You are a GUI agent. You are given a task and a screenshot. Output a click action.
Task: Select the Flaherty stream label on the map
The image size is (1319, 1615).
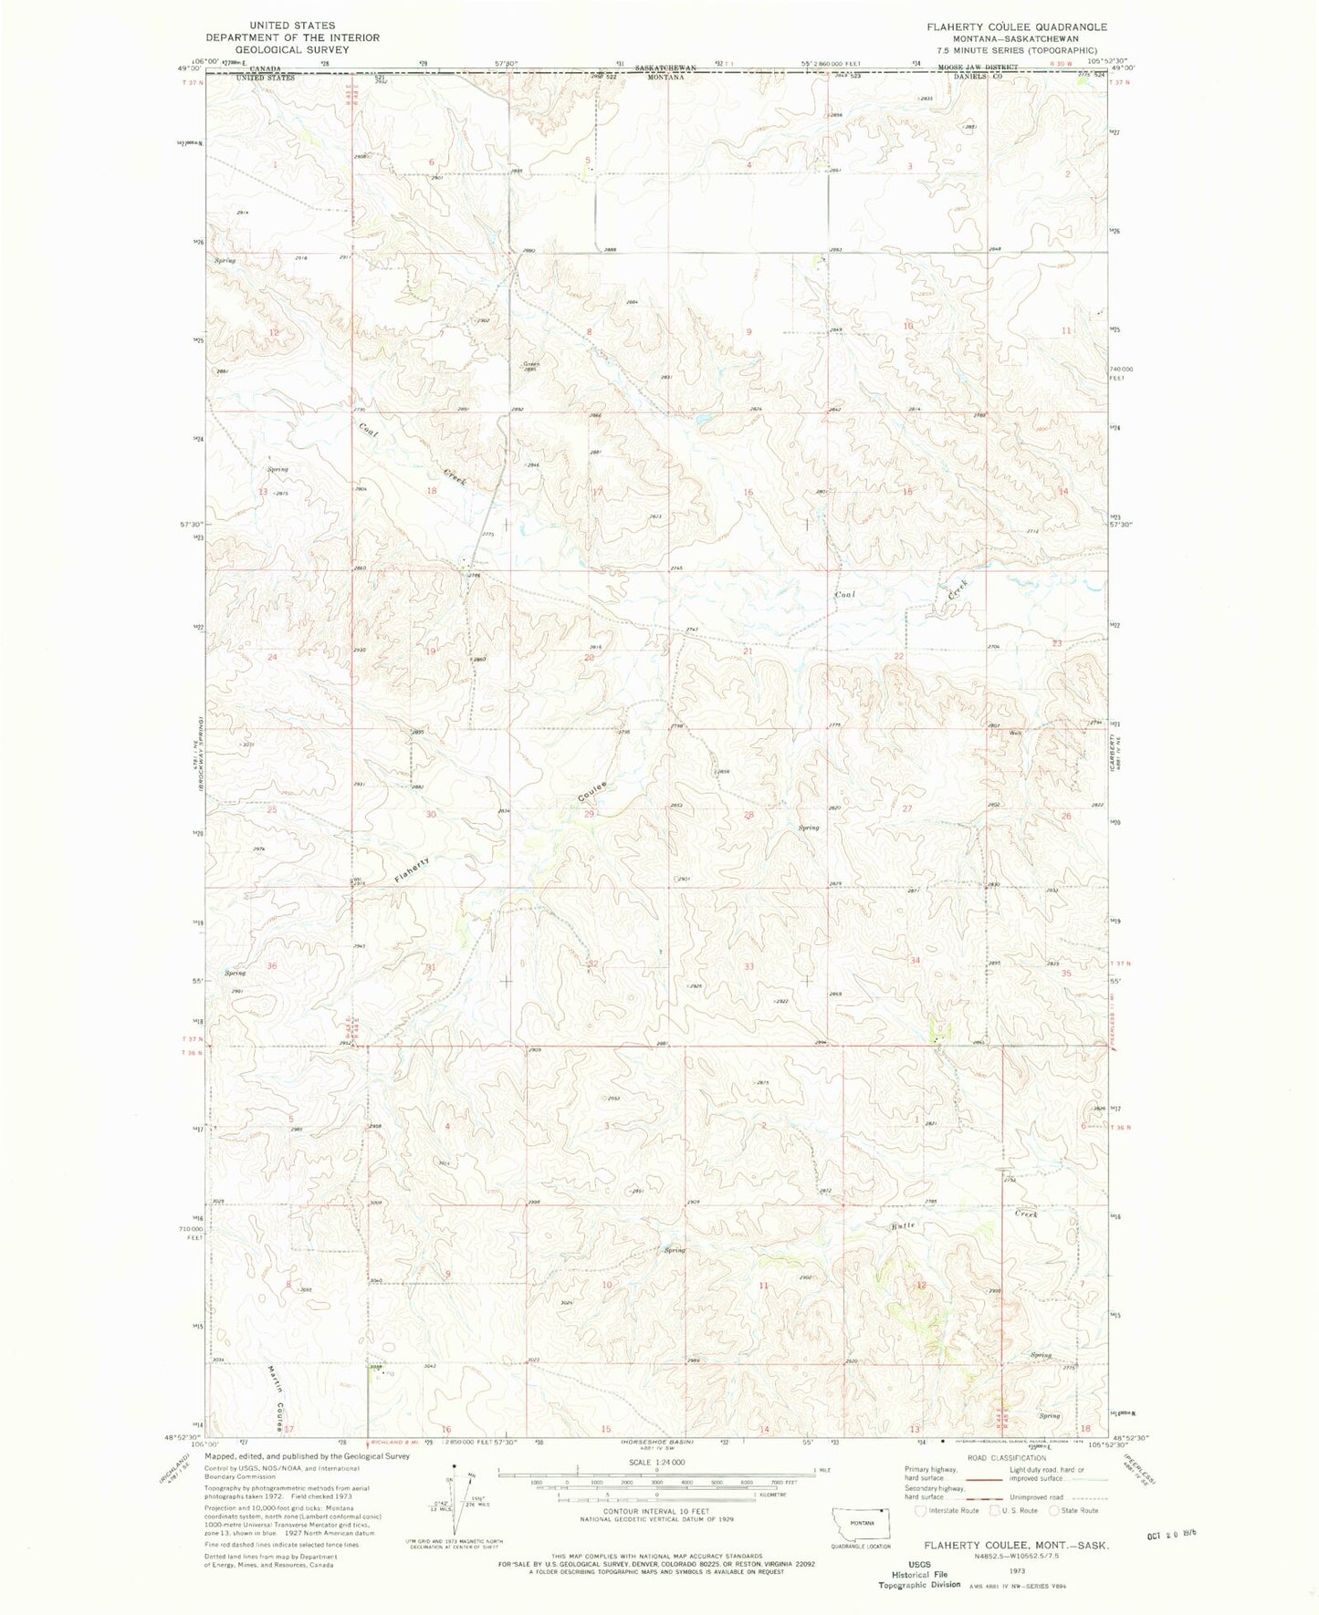click(413, 868)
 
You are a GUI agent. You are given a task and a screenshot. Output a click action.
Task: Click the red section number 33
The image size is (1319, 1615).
click(748, 966)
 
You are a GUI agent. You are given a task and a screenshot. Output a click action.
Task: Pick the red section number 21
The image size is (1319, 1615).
click(748, 651)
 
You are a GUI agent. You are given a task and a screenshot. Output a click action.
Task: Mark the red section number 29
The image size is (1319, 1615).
click(590, 814)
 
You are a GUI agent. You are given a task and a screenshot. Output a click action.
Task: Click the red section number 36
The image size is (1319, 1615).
click(271, 966)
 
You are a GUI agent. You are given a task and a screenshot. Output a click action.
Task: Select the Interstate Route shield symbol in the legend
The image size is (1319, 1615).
click(920, 1510)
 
